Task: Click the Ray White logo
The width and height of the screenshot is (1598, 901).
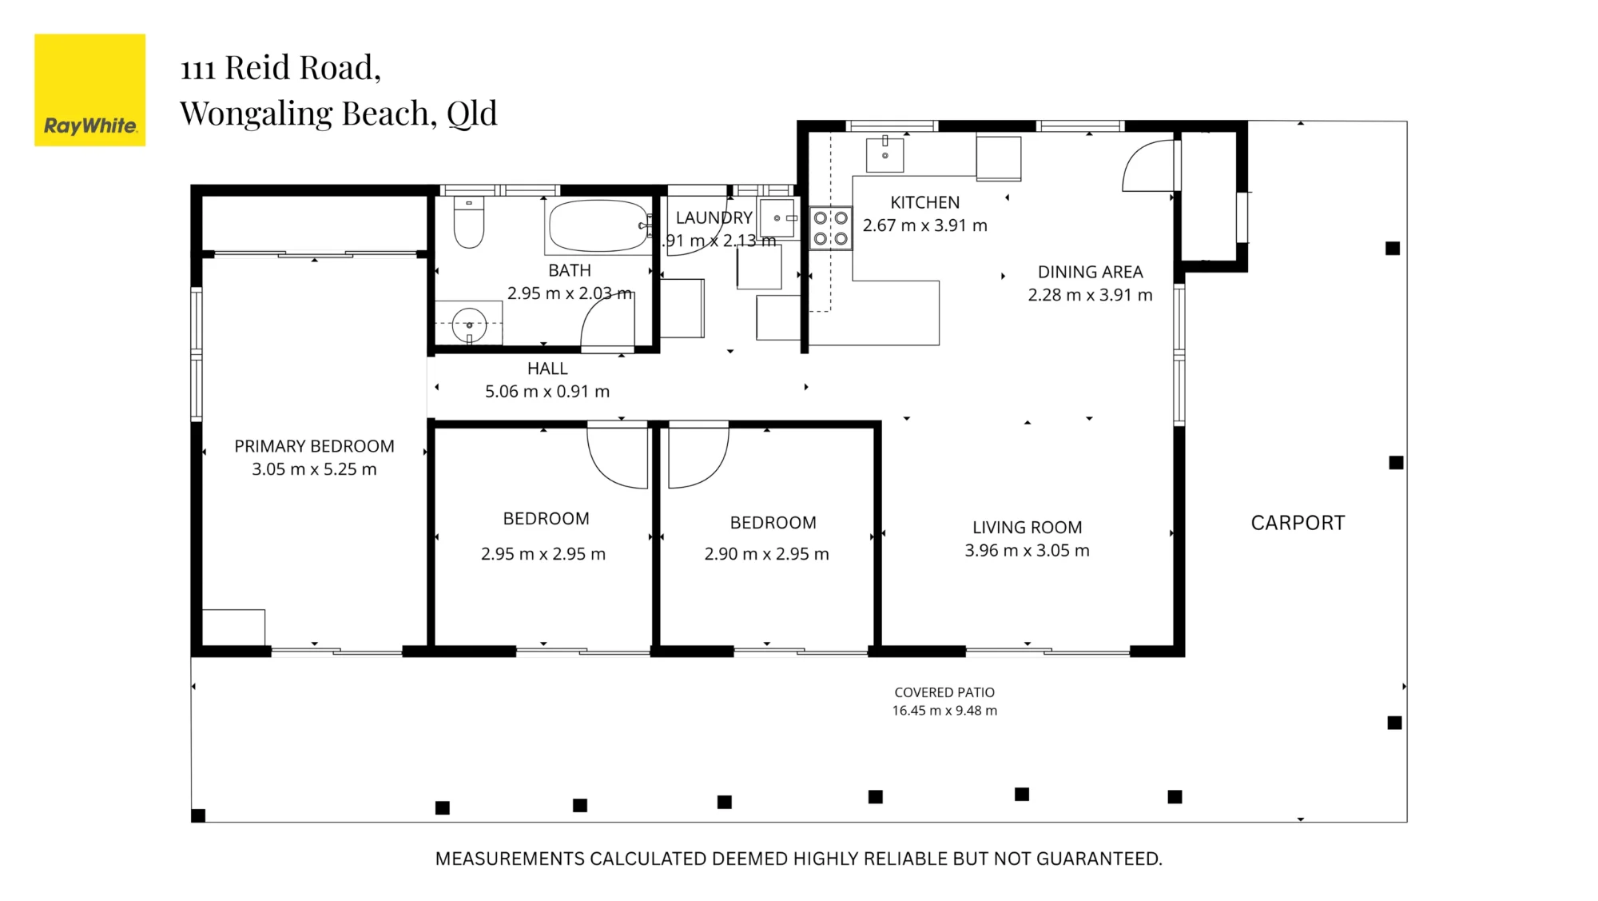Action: click(x=89, y=90)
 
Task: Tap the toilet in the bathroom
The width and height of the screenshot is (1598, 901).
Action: click(x=468, y=222)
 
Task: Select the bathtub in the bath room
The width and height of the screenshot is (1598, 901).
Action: click(x=598, y=226)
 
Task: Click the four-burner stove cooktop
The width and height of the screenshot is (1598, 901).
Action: click(x=830, y=228)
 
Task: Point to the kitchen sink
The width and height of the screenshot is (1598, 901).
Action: click(x=884, y=154)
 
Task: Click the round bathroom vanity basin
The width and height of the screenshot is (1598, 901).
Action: click(x=469, y=325)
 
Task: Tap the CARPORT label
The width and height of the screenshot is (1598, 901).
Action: click(x=1298, y=523)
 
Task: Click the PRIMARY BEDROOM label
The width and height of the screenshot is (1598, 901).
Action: click(x=314, y=446)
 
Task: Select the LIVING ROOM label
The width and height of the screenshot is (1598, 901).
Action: click(x=1027, y=528)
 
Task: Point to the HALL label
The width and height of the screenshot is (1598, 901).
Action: click(x=547, y=369)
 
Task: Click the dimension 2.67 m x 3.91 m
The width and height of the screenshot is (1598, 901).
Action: click(x=924, y=225)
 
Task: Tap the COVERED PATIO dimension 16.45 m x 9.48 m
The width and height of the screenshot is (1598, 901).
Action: click(x=944, y=711)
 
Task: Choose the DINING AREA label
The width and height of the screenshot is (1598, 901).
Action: click(x=1090, y=272)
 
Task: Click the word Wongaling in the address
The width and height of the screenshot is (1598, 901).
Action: click(x=256, y=114)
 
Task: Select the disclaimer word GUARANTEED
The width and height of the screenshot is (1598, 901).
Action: click(x=1099, y=859)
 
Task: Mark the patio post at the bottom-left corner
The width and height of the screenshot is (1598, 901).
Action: click(x=198, y=815)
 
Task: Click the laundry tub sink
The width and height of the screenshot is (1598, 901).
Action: click(x=777, y=218)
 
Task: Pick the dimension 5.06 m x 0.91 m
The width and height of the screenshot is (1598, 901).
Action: click(x=547, y=392)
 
